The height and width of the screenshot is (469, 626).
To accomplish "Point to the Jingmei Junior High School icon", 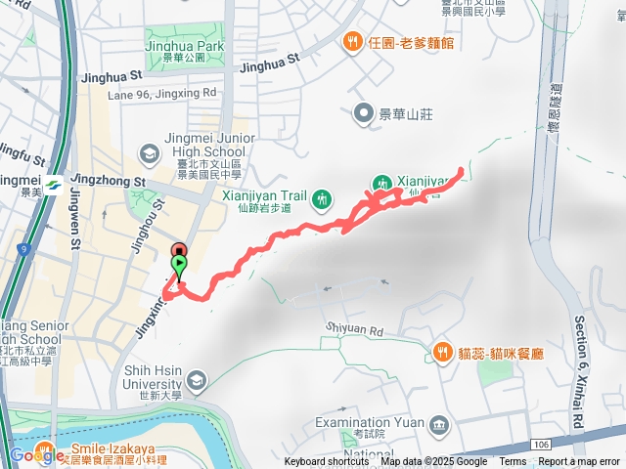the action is tap(150, 153).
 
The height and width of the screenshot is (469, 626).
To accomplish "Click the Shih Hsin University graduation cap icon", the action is tap(196, 379).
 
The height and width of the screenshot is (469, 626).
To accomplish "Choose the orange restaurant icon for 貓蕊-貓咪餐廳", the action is tap(443, 351).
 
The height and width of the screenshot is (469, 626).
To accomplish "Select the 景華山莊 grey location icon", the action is tap(366, 114).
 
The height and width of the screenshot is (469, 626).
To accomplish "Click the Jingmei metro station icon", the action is tap(46, 183).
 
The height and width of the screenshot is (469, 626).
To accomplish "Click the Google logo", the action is tap(36, 454).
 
